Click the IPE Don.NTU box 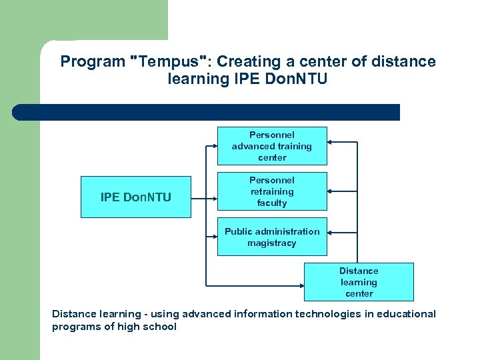point(135,197)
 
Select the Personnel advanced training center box point(272,146)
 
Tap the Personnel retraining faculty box point(272,191)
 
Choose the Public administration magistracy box point(272,237)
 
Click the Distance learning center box point(359,282)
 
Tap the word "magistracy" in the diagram point(272,243)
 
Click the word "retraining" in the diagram point(272,192)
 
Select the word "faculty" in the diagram point(272,203)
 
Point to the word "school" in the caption point(161,327)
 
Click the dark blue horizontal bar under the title point(207,112)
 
